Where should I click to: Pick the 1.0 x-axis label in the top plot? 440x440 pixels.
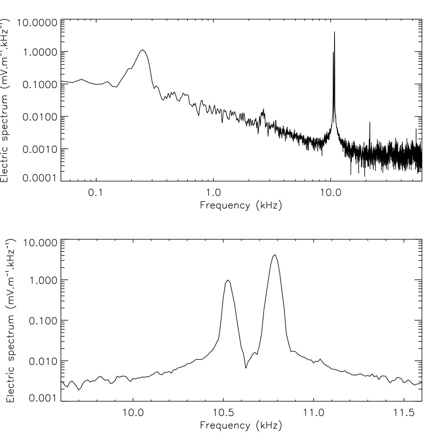[213, 193]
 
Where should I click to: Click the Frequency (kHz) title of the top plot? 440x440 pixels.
[241, 206]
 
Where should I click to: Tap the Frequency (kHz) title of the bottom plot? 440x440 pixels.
[241, 426]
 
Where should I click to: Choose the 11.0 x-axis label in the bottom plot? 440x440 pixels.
[313, 413]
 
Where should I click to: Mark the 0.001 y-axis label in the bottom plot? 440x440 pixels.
[42, 399]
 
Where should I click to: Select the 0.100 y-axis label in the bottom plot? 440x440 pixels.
[42, 321]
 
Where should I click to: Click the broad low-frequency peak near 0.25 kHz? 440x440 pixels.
[143, 50]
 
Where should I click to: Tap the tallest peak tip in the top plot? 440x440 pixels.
[334, 32]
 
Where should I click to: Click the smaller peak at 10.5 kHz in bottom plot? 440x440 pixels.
[228, 280]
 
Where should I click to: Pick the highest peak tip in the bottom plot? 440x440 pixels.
[275, 255]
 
